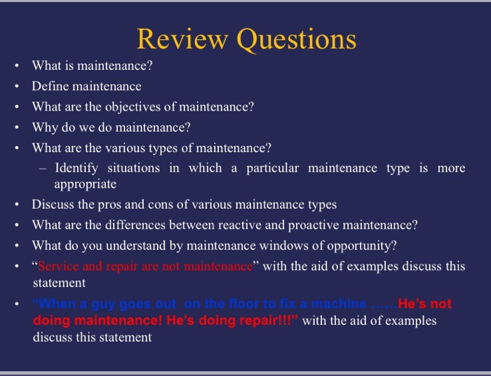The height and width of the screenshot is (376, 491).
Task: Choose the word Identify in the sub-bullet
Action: pos(76,168)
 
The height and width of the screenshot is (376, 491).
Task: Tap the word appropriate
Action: pos(85,184)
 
